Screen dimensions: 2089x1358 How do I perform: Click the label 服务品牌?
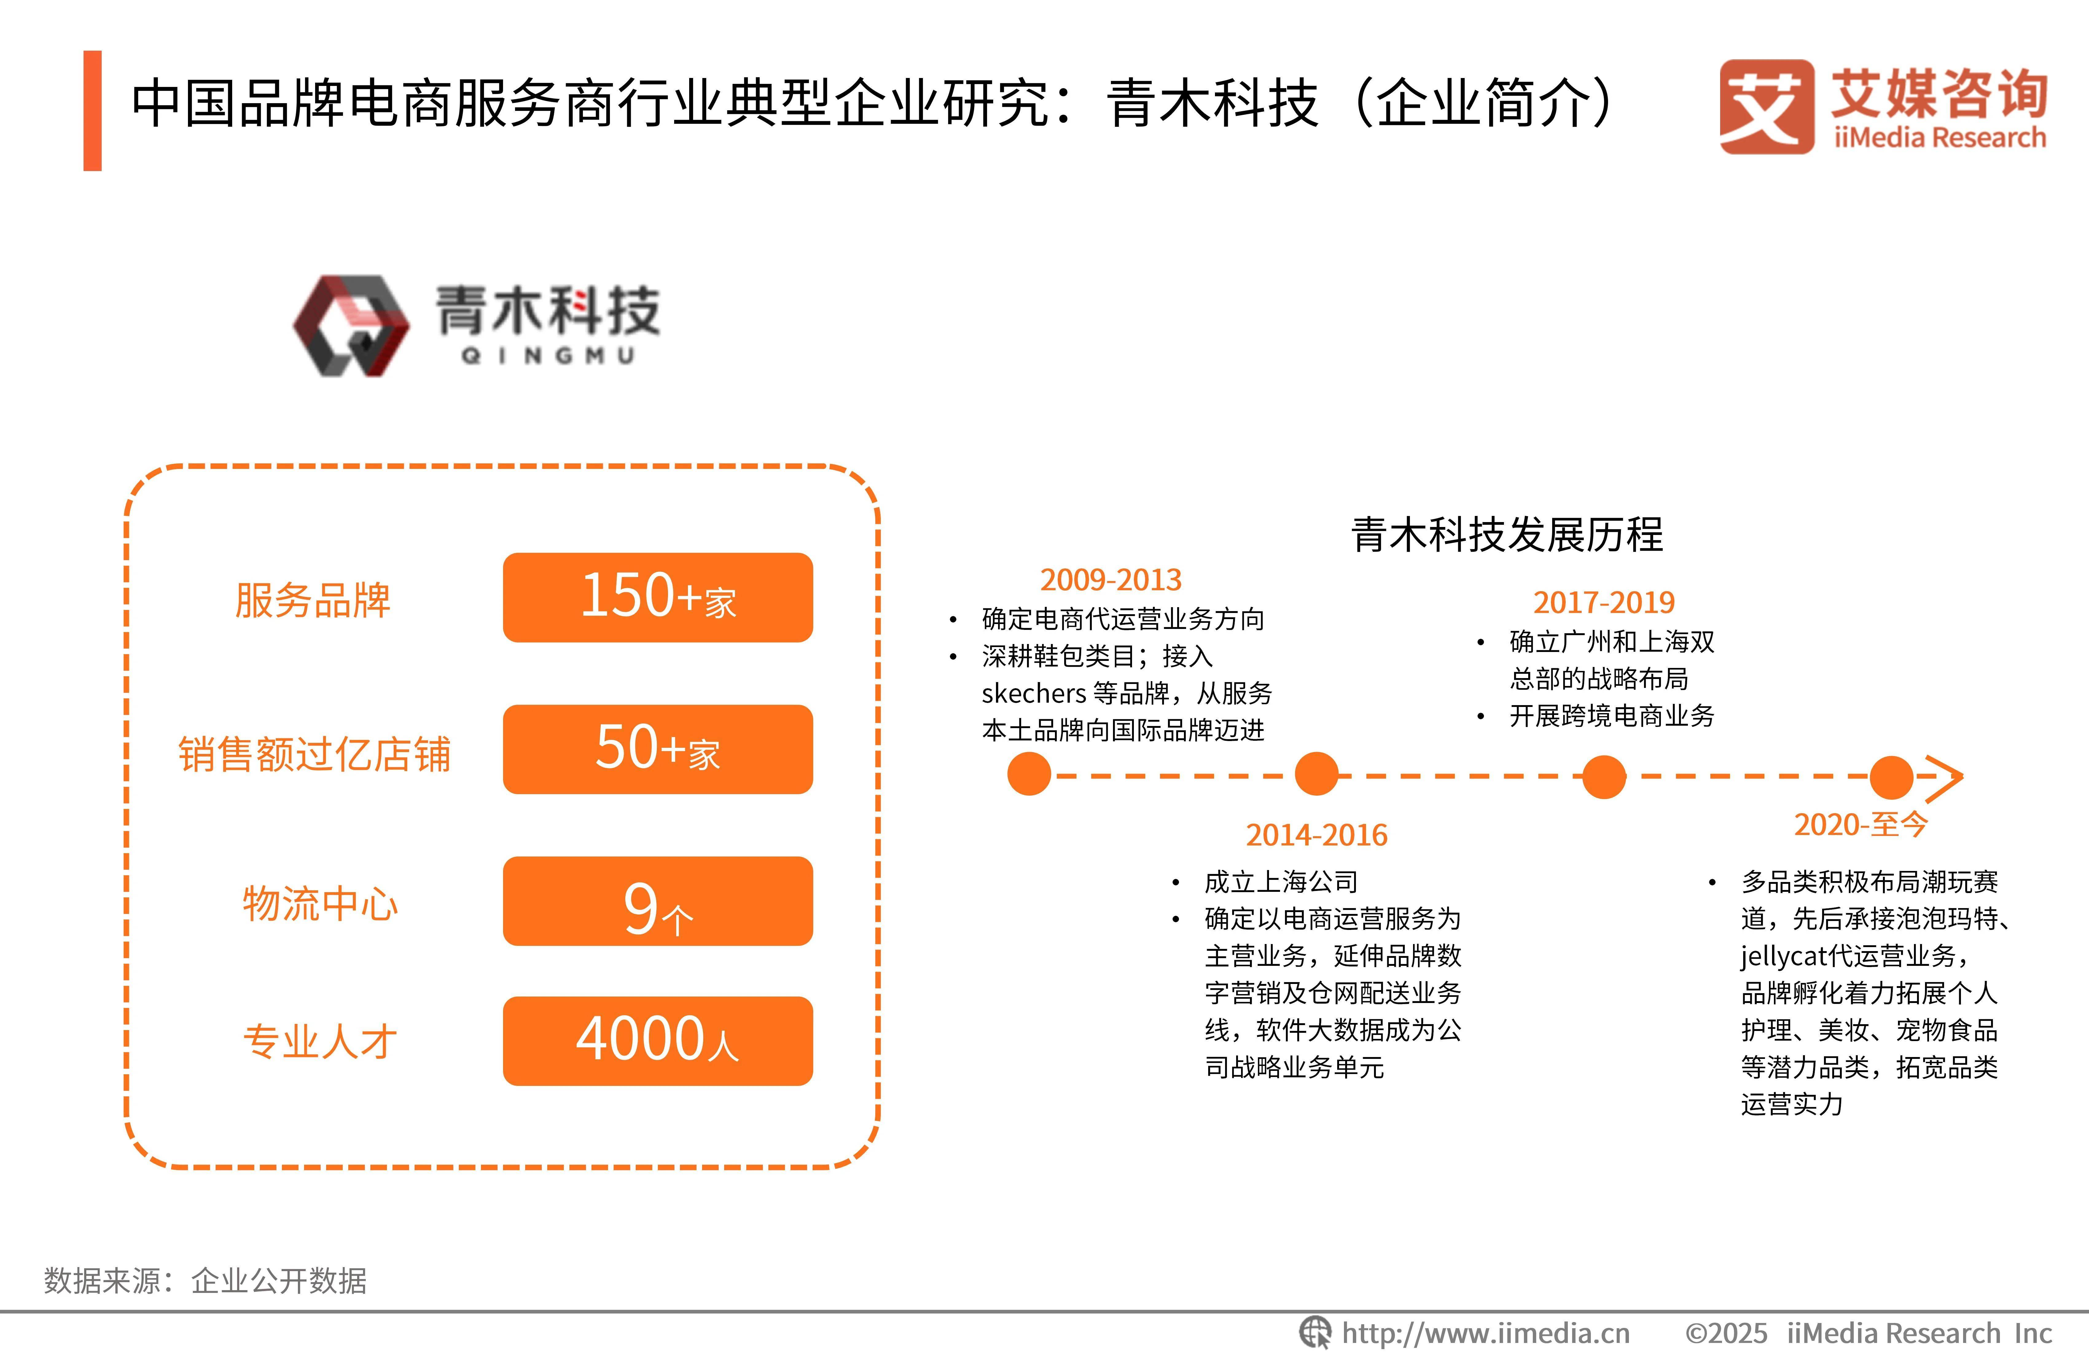point(312,600)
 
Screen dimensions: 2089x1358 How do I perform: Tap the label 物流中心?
point(319,904)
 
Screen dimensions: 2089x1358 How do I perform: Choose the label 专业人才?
point(319,1042)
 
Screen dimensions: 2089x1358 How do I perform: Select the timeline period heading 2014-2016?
point(1317,835)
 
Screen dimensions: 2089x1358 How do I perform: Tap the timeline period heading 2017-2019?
point(1604,602)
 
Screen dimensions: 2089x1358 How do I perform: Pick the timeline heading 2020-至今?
point(1860,824)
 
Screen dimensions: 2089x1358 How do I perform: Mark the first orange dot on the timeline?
point(1029,774)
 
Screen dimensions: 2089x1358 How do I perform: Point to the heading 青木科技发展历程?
point(1507,535)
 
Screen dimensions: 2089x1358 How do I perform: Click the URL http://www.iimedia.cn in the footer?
point(1485,1333)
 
